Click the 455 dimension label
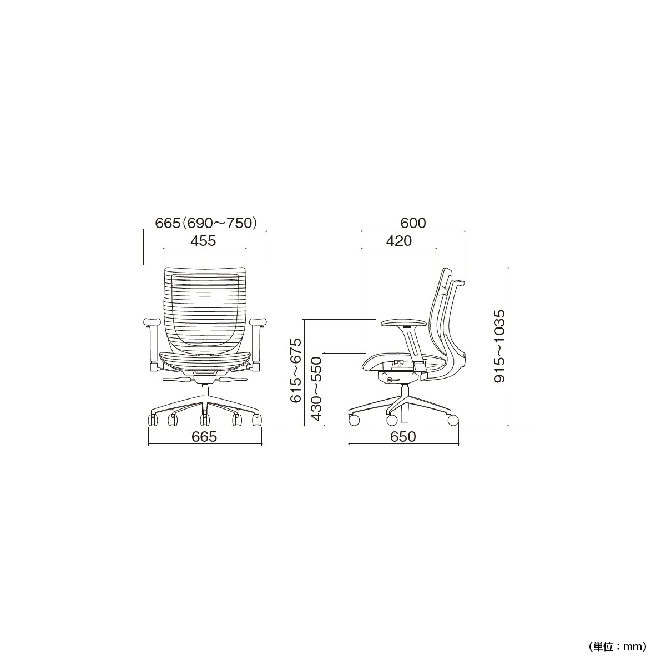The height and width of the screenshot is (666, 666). tap(203, 241)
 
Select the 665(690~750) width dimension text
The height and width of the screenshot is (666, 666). tap(206, 223)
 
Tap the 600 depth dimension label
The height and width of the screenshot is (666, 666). tap(413, 223)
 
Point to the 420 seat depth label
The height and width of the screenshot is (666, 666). tap(399, 241)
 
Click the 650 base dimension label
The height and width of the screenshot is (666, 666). tap(403, 437)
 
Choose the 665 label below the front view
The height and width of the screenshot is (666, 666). tap(204, 437)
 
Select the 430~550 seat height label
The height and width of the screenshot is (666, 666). tap(316, 390)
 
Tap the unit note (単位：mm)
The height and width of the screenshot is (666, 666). tap(618, 617)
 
